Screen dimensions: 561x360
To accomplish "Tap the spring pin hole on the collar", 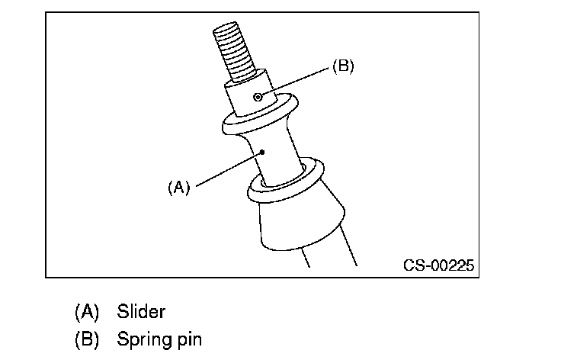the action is point(260,97).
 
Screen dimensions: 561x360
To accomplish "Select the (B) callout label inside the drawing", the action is point(342,66).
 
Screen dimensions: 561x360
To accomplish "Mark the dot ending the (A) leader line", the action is point(261,152).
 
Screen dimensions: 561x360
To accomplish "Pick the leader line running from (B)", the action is point(297,81).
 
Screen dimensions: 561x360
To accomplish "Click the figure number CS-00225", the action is point(438,266).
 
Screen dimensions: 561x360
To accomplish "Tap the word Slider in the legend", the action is point(141,311).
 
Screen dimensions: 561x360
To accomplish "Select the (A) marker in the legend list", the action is point(87,311).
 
